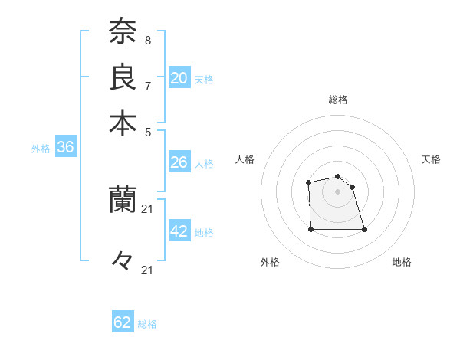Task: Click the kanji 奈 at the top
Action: [x=123, y=32]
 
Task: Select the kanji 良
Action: [x=123, y=77]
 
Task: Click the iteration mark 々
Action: [x=123, y=261]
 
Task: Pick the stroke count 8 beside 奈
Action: [x=147, y=40]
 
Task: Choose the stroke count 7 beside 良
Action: [x=147, y=85]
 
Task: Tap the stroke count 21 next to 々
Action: [x=149, y=269]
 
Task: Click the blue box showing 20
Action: [x=179, y=78]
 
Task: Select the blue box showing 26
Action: [x=179, y=162]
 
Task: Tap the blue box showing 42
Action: [x=179, y=231]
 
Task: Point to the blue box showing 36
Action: [x=65, y=148]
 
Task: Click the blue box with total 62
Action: [x=123, y=322]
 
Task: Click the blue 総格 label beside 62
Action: [x=147, y=324]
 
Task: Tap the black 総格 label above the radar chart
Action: [x=337, y=100]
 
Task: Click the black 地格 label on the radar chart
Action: [x=402, y=262]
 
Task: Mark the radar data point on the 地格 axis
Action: [x=364, y=229]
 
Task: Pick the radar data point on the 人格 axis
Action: [x=308, y=182]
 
